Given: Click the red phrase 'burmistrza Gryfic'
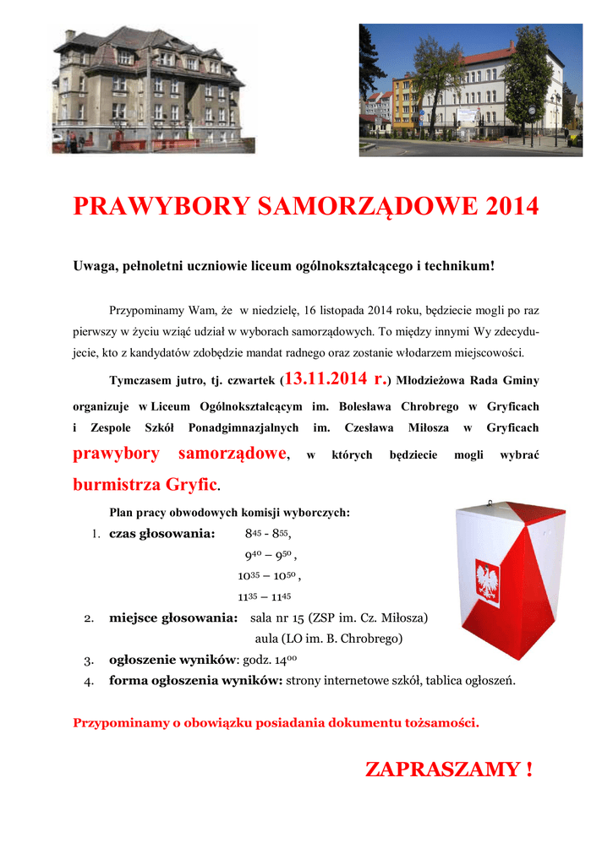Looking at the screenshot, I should click(145, 486).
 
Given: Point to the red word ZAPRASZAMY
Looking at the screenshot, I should click(440, 770).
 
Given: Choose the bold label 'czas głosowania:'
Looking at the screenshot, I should click(162, 534).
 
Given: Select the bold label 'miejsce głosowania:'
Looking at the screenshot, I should click(172, 617).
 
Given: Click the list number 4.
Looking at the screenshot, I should click(89, 681).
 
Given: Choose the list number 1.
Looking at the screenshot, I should click(96, 534).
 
